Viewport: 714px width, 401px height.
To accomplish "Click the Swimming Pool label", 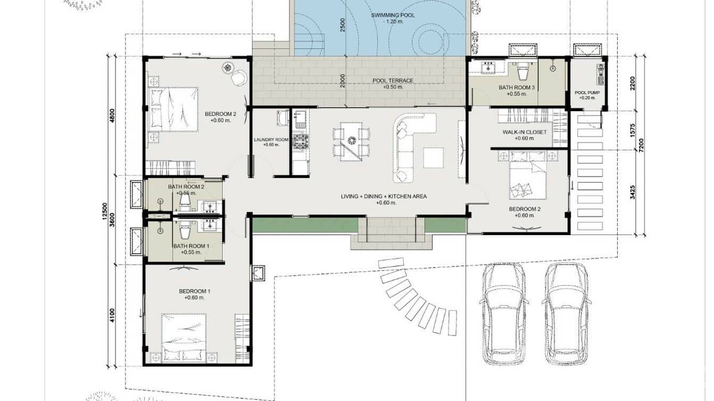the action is click(x=393, y=15).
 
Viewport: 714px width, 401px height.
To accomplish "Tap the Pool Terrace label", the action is click(x=393, y=81).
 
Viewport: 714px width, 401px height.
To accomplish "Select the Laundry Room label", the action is click(x=271, y=139).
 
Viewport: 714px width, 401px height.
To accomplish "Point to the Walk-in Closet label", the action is click(x=525, y=132).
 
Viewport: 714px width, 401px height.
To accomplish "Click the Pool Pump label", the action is click(x=587, y=93).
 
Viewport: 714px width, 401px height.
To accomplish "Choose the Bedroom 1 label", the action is click(x=194, y=291).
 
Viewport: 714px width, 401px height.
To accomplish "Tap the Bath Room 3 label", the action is click(x=517, y=87).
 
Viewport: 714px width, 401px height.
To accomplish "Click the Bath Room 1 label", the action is click(x=191, y=246).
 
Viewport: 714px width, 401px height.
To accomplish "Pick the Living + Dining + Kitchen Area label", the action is click(x=384, y=196).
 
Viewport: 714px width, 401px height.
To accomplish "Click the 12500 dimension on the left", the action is click(x=105, y=211).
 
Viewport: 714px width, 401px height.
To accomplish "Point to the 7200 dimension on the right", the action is click(x=641, y=145).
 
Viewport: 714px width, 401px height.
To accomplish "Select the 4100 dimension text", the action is click(x=112, y=315).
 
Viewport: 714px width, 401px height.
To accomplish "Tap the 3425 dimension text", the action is click(x=633, y=193).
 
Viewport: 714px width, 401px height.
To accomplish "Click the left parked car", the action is click(x=504, y=313).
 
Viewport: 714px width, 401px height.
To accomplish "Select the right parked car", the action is click(x=567, y=313).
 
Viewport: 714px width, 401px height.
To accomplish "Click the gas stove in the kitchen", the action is click(x=301, y=141).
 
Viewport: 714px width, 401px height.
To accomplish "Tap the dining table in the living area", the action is click(x=351, y=141).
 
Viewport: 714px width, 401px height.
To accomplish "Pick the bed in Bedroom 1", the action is click(x=184, y=338).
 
